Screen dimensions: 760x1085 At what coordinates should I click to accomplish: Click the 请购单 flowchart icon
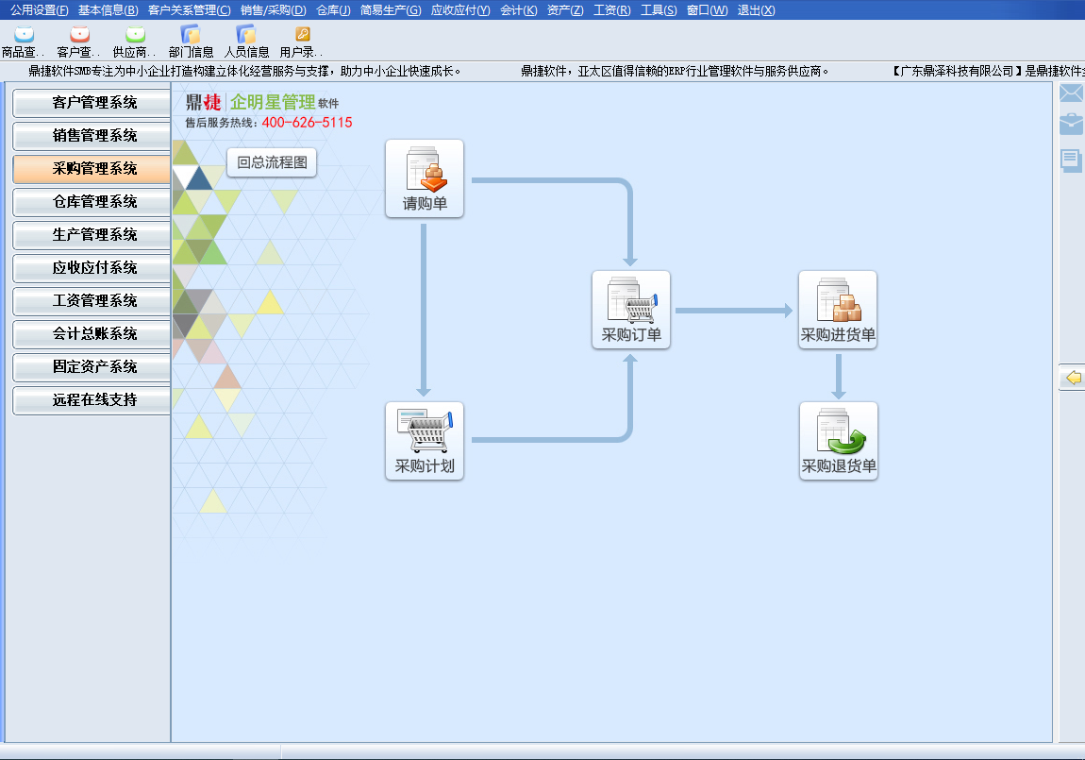tap(425, 177)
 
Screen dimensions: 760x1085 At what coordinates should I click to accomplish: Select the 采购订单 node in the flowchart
tap(631, 309)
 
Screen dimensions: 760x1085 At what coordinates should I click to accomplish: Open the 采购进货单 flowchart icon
tap(838, 309)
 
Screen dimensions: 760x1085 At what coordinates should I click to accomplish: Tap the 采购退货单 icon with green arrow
tap(839, 440)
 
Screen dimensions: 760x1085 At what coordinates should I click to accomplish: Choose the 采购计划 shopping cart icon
tap(425, 440)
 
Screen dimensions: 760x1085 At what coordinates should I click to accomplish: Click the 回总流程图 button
tap(272, 162)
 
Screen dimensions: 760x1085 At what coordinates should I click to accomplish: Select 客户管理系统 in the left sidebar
tap(92, 103)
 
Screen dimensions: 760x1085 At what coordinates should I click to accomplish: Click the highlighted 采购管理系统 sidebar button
tap(92, 169)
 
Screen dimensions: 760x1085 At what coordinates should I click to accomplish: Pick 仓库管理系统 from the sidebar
tap(92, 202)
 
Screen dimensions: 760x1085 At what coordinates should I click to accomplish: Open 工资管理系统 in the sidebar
tap(92, 301)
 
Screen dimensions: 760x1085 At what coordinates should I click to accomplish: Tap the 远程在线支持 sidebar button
tap(92, 400)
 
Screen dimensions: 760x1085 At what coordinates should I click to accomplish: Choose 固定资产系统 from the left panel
tap(92, 367)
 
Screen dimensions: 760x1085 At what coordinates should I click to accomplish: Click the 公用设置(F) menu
tap(39, 10)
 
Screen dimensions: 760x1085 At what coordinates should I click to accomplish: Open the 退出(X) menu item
tap(756, 10)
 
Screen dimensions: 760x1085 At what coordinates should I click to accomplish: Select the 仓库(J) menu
tap(333, 10)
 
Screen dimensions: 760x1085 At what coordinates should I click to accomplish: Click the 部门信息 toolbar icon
tap(191, 42)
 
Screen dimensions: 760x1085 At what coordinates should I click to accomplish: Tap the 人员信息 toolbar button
tap(246, 42)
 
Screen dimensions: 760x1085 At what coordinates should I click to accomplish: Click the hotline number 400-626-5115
tap(307, 123)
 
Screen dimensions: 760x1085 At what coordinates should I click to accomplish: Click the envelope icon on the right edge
tap(1071, 93)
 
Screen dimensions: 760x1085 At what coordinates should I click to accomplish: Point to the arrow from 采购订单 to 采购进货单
tap(733, 310)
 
